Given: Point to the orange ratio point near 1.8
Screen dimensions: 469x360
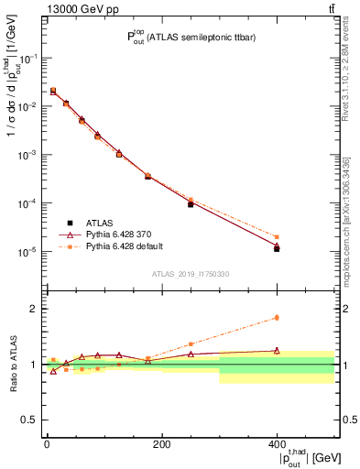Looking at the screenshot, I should (277, 318).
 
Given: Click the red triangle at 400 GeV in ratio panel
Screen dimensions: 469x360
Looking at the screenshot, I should (277, 350).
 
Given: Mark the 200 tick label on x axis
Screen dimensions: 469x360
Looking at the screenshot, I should (161, 444).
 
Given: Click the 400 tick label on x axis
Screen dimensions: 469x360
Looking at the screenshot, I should (277, 444).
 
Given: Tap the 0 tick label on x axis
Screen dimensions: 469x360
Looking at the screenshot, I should (47, 444).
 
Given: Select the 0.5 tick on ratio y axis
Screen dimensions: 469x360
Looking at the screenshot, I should (32, 420).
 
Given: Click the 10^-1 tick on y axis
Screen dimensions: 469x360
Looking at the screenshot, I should (28, 58).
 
